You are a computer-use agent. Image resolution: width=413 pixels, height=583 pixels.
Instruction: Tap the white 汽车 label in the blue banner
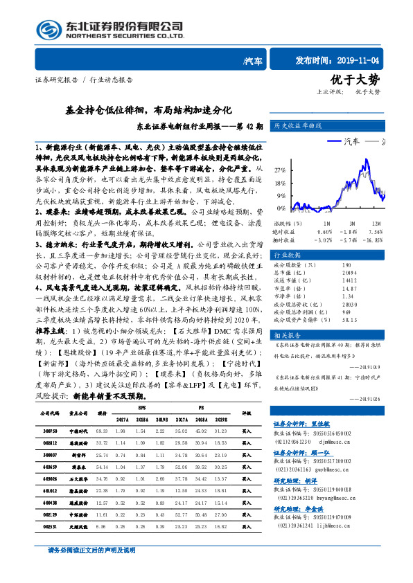coord(254,61)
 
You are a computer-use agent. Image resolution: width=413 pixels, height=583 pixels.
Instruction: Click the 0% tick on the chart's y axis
coord(281,208)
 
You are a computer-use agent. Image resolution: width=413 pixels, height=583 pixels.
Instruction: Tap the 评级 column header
coord(246,413)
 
